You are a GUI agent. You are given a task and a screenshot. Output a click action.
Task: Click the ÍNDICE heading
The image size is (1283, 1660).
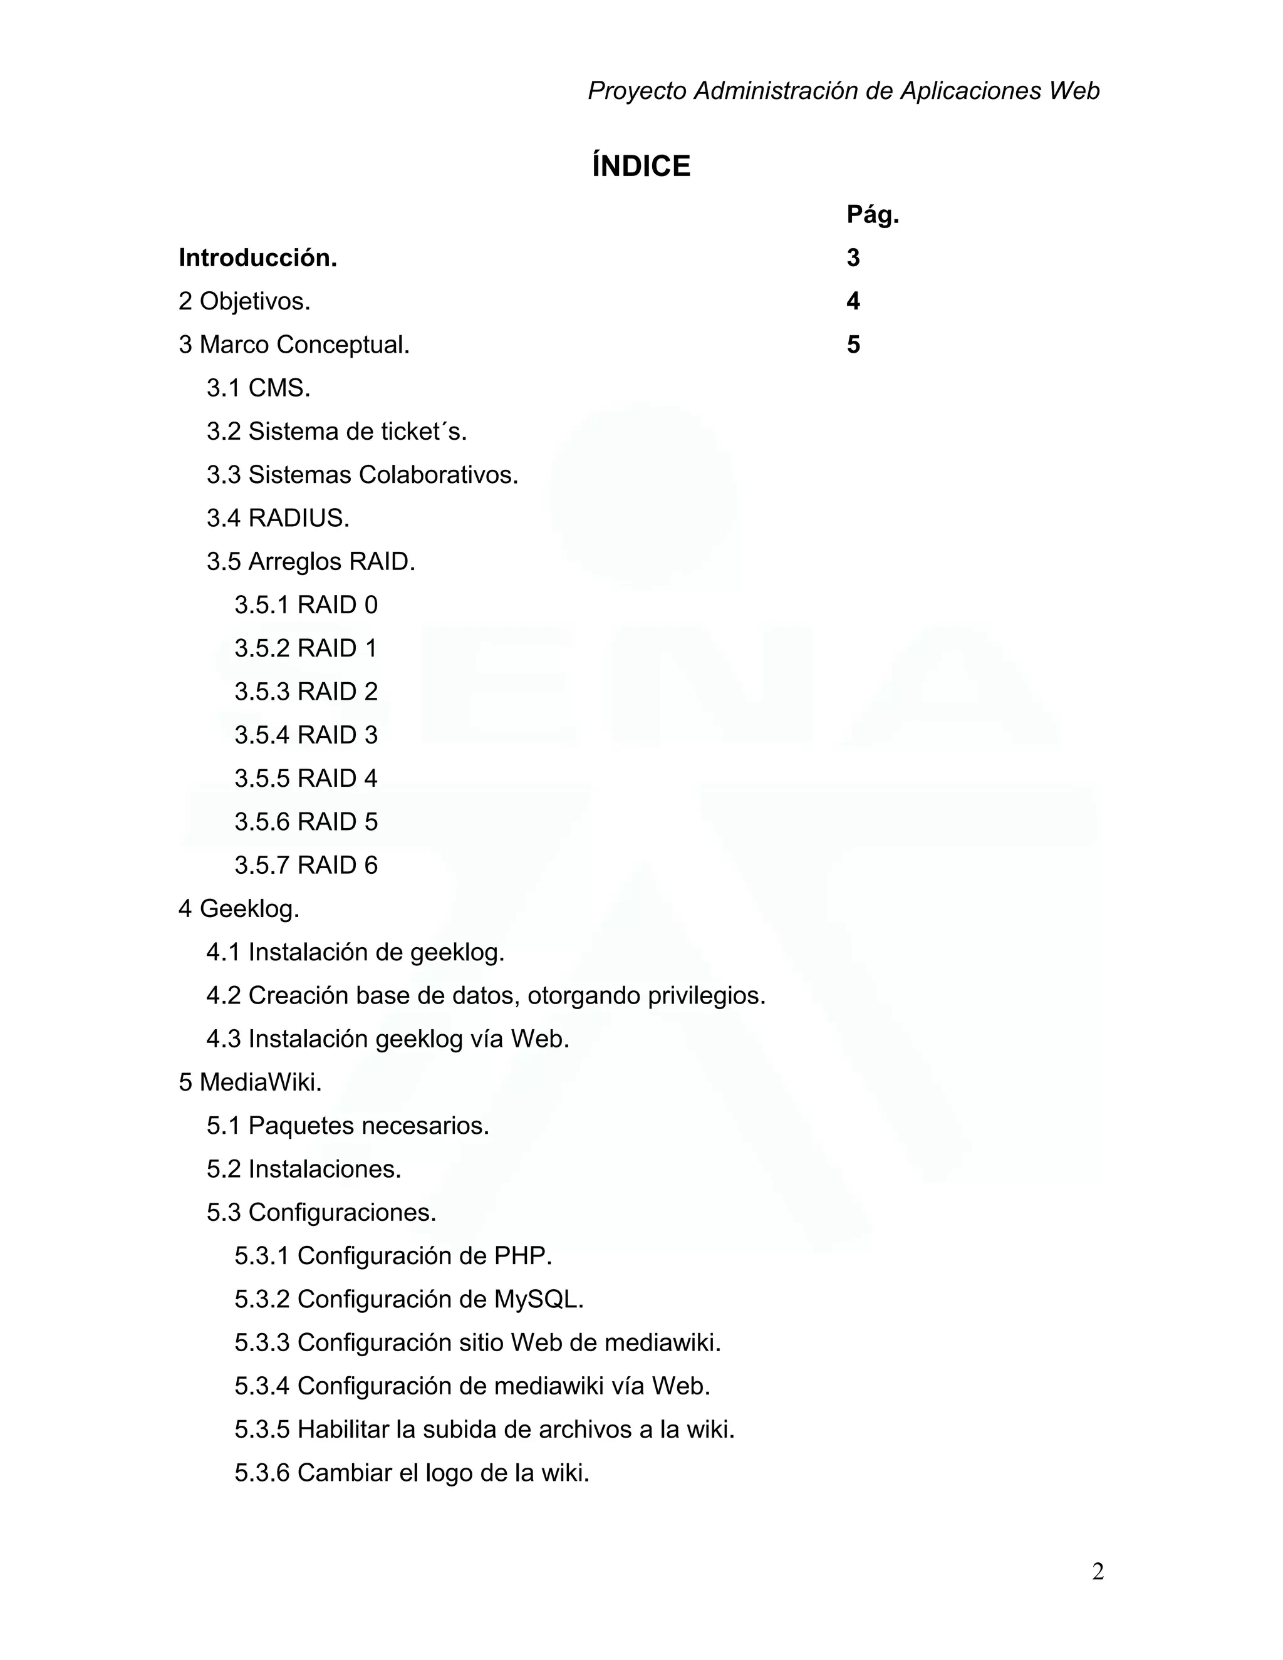click(x=641, y=167)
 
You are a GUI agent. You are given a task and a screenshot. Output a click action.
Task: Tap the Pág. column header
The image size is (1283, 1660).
click(x=873, y=216)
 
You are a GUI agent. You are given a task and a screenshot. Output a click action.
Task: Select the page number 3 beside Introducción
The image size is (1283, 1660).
click(x=853, y=259)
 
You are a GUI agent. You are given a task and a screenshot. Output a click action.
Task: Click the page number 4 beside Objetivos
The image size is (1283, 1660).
click(x=853, y=302)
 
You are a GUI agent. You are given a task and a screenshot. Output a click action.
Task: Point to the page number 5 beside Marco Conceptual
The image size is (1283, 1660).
click(x=853, y=345)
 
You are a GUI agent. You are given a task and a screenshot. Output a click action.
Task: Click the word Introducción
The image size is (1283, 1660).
click(x=257, y=259)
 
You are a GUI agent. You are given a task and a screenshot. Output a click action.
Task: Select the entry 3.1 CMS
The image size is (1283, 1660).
click(x=259, y=388)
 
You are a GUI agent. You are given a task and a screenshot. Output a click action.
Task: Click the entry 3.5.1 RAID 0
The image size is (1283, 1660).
click(x=306, y=605)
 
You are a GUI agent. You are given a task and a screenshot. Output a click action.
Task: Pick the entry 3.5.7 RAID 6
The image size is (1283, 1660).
click(x=306, y=865)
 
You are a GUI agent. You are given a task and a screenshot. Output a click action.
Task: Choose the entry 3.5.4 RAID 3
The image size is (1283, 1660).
click(x=306, y=735)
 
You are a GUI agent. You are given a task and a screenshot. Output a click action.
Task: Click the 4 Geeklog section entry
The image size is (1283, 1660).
click(x=239, y=908)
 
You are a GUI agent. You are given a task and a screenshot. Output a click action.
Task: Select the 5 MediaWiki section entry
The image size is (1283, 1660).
click(x=250, y=1082)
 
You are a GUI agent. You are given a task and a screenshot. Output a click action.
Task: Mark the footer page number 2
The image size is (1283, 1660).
click(x=1098, y=1571)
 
